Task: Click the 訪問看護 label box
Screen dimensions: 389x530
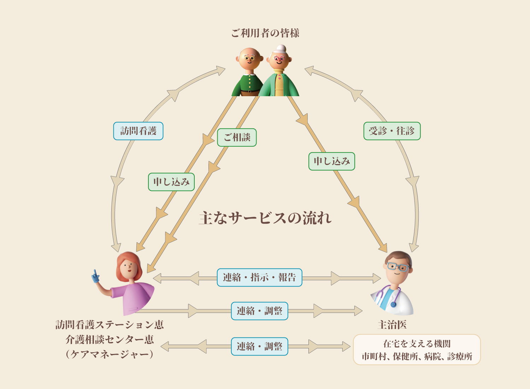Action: point(138,131)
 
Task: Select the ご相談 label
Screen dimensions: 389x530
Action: point(237,137)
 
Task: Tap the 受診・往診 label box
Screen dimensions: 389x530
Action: point(392,131)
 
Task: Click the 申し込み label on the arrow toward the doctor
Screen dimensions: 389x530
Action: point(331,161)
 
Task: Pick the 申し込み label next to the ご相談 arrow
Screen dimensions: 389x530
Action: point(171,182)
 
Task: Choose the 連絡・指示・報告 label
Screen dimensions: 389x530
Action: point(259,277)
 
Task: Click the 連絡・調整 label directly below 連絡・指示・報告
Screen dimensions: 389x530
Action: point(259,311)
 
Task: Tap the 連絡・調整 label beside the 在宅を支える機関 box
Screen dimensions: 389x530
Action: point(259,346)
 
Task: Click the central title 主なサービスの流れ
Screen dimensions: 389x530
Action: point(265,218)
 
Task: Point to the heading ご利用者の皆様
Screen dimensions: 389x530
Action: point(265,33)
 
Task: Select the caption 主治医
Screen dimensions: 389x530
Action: point(392,325)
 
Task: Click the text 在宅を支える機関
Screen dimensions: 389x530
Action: point(417,343)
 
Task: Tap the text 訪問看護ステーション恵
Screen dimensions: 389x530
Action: point(110,325)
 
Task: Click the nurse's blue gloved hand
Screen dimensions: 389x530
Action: point(95,277)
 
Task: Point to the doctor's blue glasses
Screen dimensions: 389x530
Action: point(397,266)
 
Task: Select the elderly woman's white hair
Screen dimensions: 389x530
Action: point(281,48)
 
